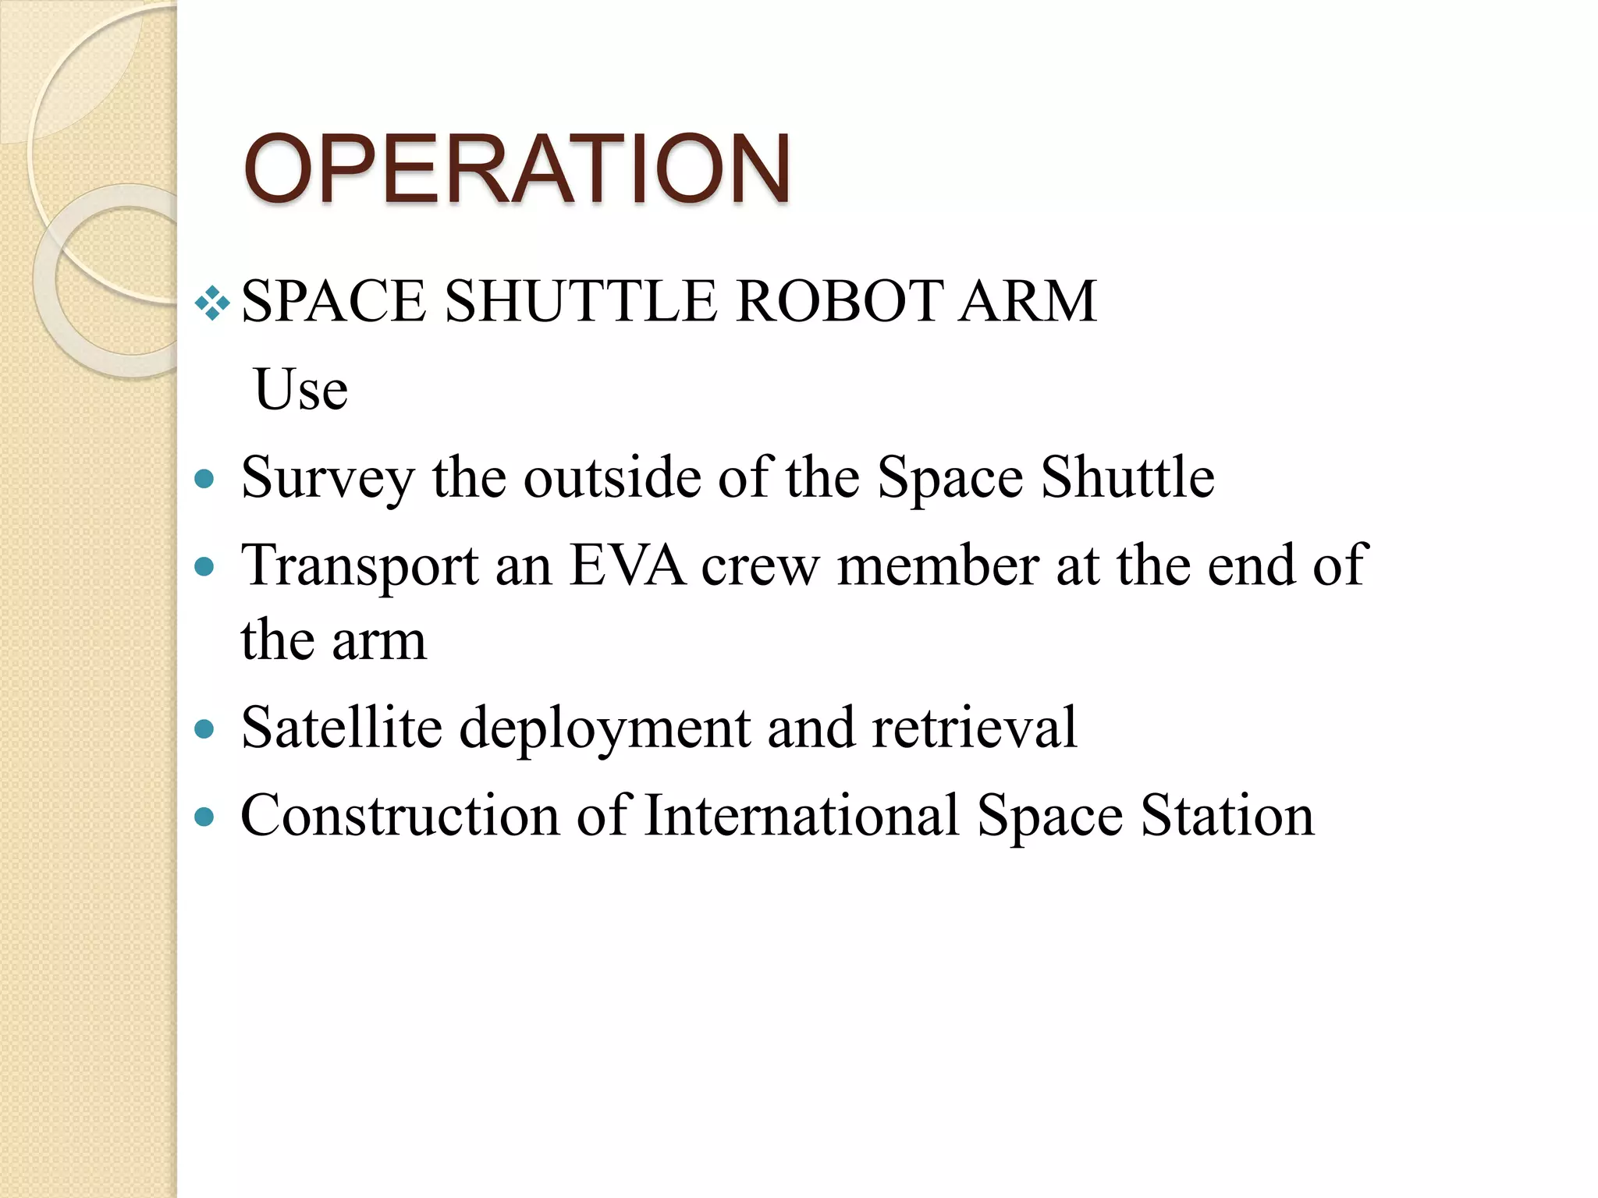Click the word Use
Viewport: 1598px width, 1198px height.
(x=301, y=389)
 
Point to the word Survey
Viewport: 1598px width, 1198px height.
(x=328, y=477)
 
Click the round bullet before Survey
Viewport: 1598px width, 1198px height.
(x=204, y=478)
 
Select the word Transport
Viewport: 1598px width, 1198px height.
(x=360, y=565)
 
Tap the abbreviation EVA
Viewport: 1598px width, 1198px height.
(x=627, y=565)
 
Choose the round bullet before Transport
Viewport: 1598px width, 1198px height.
(x=204, y=566)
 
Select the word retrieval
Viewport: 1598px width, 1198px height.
(x=975, y=728)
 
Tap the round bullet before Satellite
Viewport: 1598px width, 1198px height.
(x=204, y=729)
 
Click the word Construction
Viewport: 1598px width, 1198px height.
(x=400, y=816)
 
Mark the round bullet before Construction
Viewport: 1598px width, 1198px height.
(x=204, y=817)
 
